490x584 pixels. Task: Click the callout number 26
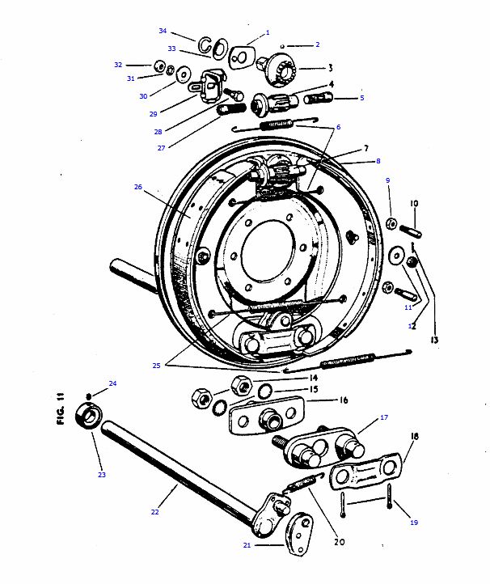tap(137, 187)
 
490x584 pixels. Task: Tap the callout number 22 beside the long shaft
tap(154, 511)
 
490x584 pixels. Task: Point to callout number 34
tap(163, 32)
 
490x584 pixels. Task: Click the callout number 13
tap(434, 340)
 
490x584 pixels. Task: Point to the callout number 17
tap(384, 417)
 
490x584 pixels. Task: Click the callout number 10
tap(413, 203)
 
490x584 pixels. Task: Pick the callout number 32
tap(118, 64)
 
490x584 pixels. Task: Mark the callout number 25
tap(156, 366)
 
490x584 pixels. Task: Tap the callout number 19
tap(413, 523)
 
